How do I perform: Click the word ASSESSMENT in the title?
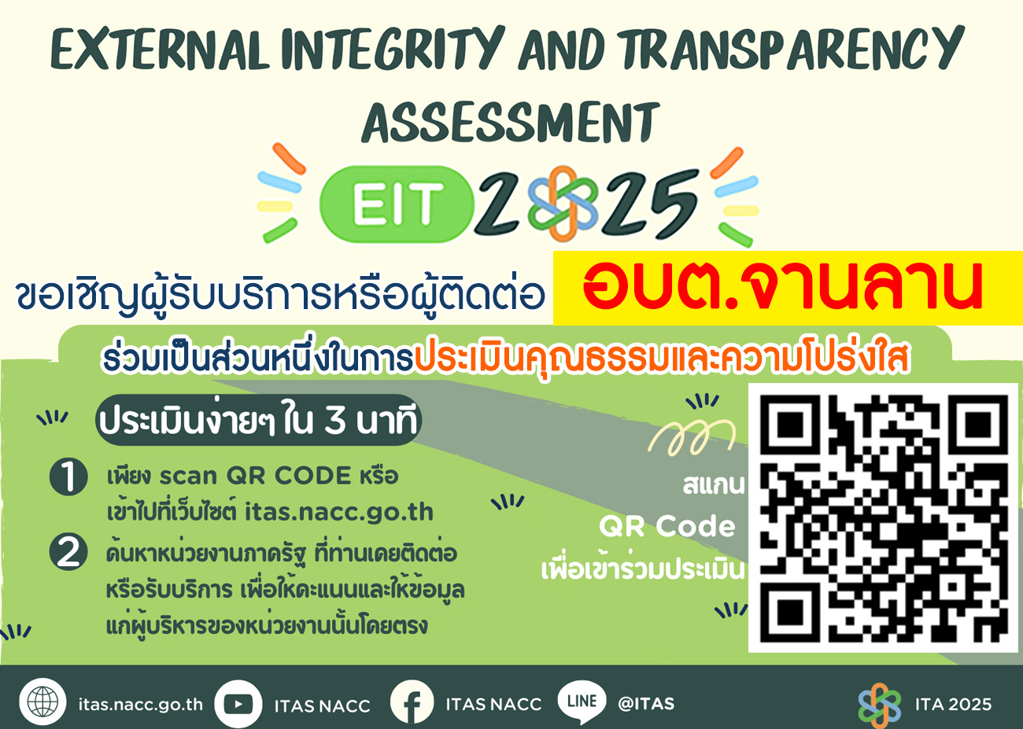(511, 122)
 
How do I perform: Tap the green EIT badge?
(397, 204)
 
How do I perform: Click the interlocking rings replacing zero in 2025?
(563, 203)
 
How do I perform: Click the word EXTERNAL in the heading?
(158, 49)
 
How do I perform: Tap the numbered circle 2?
(68, 552)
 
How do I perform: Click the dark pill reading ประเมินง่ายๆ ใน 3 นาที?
(258, 420)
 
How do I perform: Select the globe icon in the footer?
(42, 701)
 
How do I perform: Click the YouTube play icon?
(238, 704)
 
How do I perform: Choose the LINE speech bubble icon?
(582, 702)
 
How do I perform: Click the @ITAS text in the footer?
(646, 704)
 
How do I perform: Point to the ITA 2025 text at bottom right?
(953, 705)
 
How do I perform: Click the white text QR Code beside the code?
(667, 526)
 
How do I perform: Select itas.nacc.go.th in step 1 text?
(339, 512)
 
